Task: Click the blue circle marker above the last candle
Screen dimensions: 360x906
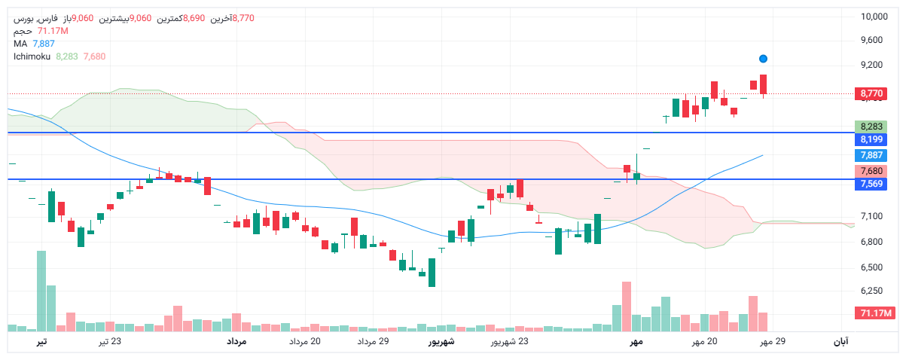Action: click(763, 58)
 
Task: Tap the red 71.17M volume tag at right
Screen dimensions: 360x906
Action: click(873, 313)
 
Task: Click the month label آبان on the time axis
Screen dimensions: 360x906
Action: click(840, 342)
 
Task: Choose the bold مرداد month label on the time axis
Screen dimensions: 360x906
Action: click(236, 342)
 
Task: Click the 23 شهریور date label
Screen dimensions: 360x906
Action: click(510, 342)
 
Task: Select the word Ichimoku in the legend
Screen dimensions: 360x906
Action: click(32, 56)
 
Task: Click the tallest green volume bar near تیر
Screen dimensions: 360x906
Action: click(41, 291)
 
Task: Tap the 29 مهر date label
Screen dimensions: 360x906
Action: click(772, 342)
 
